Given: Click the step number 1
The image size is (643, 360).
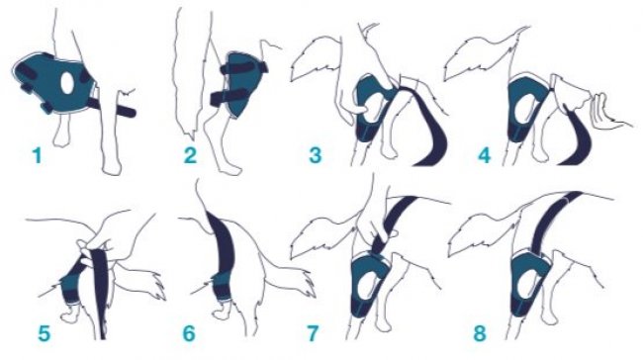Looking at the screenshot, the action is click(x=38, y=156).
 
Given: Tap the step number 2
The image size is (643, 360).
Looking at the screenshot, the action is click(x=190, y=156).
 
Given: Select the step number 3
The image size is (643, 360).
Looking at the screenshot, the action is click(x=315, y=156).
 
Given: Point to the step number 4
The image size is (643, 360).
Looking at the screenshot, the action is click(x=485, y=156).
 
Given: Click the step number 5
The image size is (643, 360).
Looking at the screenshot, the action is click(x=44, y=333).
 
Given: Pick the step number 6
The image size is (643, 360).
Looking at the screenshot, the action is click(x=189, y=333).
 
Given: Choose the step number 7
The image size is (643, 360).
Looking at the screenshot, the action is click(x=313, y=333).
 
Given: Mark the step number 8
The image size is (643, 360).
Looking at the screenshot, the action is click(x=480, y=333).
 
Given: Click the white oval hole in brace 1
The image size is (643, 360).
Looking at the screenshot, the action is click(x=67, y=83).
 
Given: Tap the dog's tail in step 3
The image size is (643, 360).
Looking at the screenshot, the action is click(x=316, y=57).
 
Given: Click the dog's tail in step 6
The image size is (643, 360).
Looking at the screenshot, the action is click(x=291, y=281).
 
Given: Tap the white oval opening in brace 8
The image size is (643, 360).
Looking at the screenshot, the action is click(x=525, y=282).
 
